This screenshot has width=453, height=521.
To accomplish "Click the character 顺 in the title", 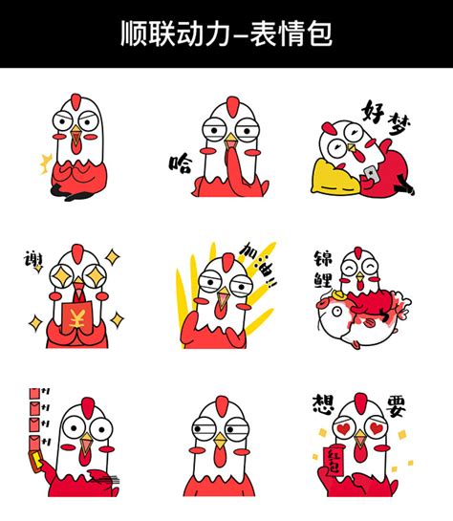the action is click(x=134, y=33).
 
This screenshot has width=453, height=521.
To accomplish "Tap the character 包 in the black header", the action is click(x=318, y=33).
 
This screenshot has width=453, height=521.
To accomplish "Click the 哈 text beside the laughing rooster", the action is click(x=181, y=163).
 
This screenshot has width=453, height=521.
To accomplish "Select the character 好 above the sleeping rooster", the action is click(x=373, y=112).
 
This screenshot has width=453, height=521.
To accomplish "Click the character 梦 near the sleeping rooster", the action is click(x=399, y=124).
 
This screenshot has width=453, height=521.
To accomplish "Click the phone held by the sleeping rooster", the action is click(x=372, y=174).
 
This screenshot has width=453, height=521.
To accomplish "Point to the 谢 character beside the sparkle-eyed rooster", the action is click(x=33, y=259).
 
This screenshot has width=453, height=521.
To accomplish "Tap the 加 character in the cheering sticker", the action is click(x=249, y=250).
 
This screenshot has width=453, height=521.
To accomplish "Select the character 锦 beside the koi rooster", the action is click(x=323, y=258).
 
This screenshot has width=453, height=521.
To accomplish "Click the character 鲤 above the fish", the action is click(x=323, y=279).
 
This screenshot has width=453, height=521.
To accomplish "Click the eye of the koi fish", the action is click(x=336, y=312).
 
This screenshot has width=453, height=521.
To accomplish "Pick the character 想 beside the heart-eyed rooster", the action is click(x=323, y=404).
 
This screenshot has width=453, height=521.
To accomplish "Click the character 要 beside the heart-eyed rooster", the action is click(x=397, y=405).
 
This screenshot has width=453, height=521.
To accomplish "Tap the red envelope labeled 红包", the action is click(x=334, y=461).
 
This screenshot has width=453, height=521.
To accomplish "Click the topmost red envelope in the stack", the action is click(x=34, y=394).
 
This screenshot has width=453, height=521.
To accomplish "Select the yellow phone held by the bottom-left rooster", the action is click(x=36, y=461).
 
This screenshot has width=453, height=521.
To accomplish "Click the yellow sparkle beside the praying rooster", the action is click(x=46, y=163).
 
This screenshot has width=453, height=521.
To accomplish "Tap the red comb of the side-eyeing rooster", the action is click(x=221, y=406).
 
